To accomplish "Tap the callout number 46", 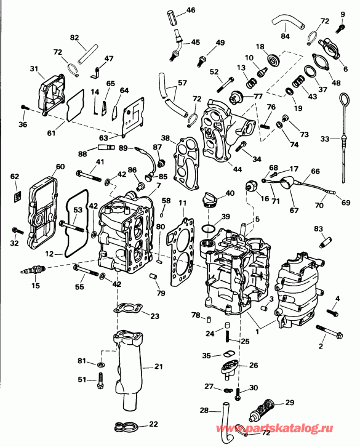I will [190, 10].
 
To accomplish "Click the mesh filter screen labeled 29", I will [258, 408].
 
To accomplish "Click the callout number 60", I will [60, 167].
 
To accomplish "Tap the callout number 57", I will [182, 83].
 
